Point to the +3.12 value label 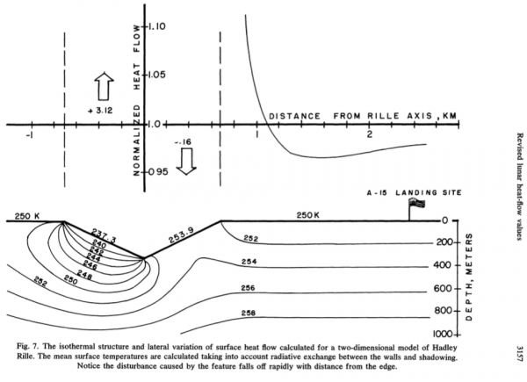coord(103,112)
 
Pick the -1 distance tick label coord(29,133)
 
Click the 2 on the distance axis coord(370,133)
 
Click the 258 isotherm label coord(249,313)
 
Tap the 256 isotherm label coord(249,288)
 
